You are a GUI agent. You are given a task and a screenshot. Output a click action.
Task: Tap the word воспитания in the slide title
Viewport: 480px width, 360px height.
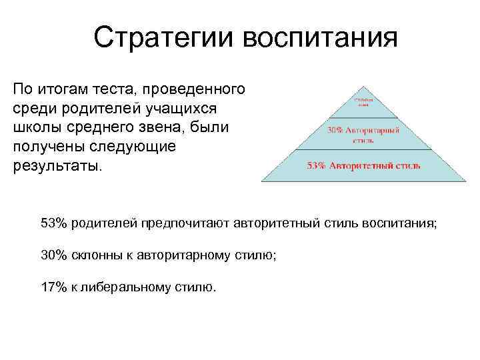tap(320, 39)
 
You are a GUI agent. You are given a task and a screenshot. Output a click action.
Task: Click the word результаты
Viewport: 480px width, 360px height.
tap(57, 165)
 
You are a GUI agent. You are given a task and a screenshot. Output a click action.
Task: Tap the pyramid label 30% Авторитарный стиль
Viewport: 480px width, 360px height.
tap(363, 135)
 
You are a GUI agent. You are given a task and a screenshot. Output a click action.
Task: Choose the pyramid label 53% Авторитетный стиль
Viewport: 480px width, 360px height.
tap(363, 165)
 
